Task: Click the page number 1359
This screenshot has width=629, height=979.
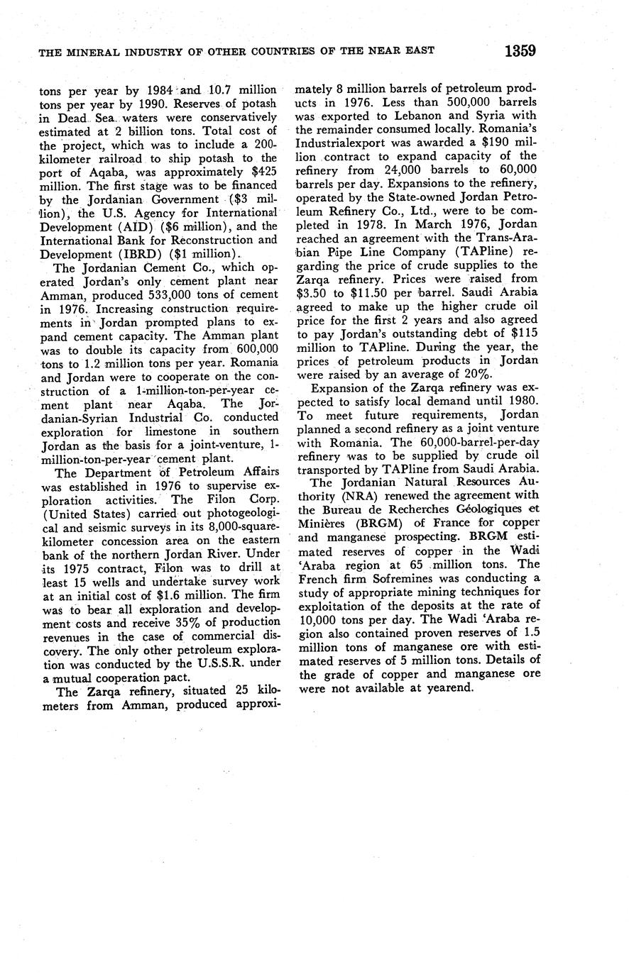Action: (520, 50)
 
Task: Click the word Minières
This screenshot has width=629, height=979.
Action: (323, 524)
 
